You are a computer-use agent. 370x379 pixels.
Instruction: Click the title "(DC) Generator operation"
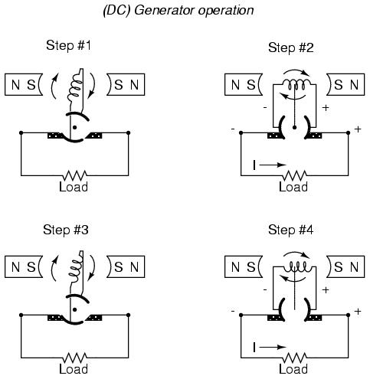[178, 11]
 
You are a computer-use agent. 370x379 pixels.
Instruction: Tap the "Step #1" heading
[68, 45]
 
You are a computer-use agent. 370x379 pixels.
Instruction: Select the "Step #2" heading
[291, 47]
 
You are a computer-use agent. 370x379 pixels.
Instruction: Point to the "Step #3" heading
[66, 230]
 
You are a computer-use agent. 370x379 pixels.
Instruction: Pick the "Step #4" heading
[291, 230]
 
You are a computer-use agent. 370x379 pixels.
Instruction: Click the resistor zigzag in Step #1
[74, 175]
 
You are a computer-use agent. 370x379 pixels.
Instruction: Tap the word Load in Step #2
[293, 187]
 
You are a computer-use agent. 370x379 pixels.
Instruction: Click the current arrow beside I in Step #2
[273, 165]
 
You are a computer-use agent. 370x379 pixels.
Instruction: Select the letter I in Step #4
[254, 348]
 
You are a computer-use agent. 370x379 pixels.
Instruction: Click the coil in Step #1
[75, 88]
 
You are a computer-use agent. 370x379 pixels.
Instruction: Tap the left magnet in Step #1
[24, 85]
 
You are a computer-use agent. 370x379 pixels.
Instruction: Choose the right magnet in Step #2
[345, 85]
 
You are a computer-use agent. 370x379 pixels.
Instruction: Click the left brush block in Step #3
[55, 318]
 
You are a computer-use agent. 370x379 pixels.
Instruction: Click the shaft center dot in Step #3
[74, 310]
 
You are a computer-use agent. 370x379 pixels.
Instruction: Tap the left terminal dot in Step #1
[21, 132]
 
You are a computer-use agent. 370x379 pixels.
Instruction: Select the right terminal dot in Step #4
[348, 315]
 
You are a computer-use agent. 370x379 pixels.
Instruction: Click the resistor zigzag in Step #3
[74, 358]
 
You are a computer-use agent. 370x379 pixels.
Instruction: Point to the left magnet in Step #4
[244, 266]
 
